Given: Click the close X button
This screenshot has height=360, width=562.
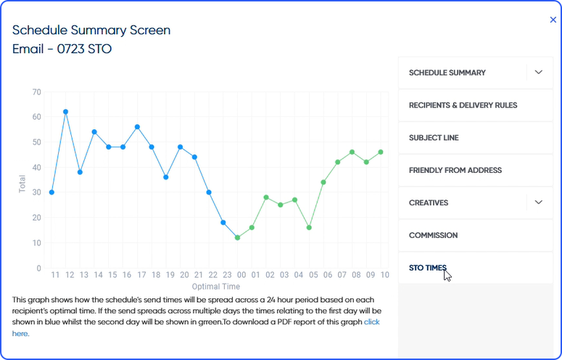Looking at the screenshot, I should point(553,20).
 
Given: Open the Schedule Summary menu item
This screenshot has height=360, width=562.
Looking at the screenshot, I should point(447,73).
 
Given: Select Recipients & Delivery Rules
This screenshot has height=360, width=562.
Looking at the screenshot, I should point(463,105).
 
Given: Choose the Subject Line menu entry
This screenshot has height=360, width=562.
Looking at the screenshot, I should point(434,138).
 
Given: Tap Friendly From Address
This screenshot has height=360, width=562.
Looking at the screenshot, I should point(455,171).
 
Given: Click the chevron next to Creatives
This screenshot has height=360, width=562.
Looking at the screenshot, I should point(538,202).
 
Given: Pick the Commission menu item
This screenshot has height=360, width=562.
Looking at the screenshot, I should point(433,235).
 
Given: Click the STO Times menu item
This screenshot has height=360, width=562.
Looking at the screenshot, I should point(428,268).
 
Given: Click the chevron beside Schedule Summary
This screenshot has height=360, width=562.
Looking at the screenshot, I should point(538,73).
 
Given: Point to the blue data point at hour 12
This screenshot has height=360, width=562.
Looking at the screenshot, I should point(65,112).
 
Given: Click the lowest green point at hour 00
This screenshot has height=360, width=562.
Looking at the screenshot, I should point(237,237).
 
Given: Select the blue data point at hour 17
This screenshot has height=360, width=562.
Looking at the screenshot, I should point(137,127).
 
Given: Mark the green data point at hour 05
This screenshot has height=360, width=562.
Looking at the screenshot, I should point(309,227).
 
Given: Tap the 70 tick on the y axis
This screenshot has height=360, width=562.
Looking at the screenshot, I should point(36,92).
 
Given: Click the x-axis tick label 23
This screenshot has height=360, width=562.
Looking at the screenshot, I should point(227,275).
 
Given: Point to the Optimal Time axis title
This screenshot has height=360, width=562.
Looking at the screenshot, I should point(217,286).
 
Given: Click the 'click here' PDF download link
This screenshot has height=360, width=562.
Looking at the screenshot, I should point(371,322).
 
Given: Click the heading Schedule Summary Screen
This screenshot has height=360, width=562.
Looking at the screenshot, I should point(91,30).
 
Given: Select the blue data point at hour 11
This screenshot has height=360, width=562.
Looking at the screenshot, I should point(51,192).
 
